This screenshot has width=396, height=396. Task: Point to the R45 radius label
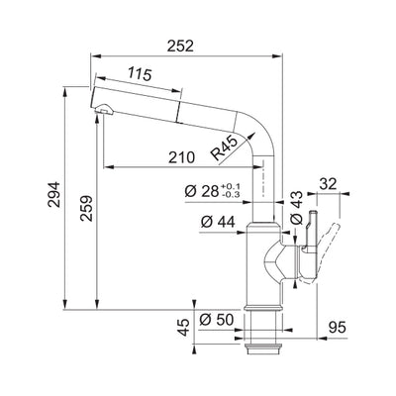coord(226,148)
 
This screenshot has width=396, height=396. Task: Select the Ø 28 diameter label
coord(199,191)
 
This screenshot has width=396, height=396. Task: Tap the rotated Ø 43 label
coord(295,203)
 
